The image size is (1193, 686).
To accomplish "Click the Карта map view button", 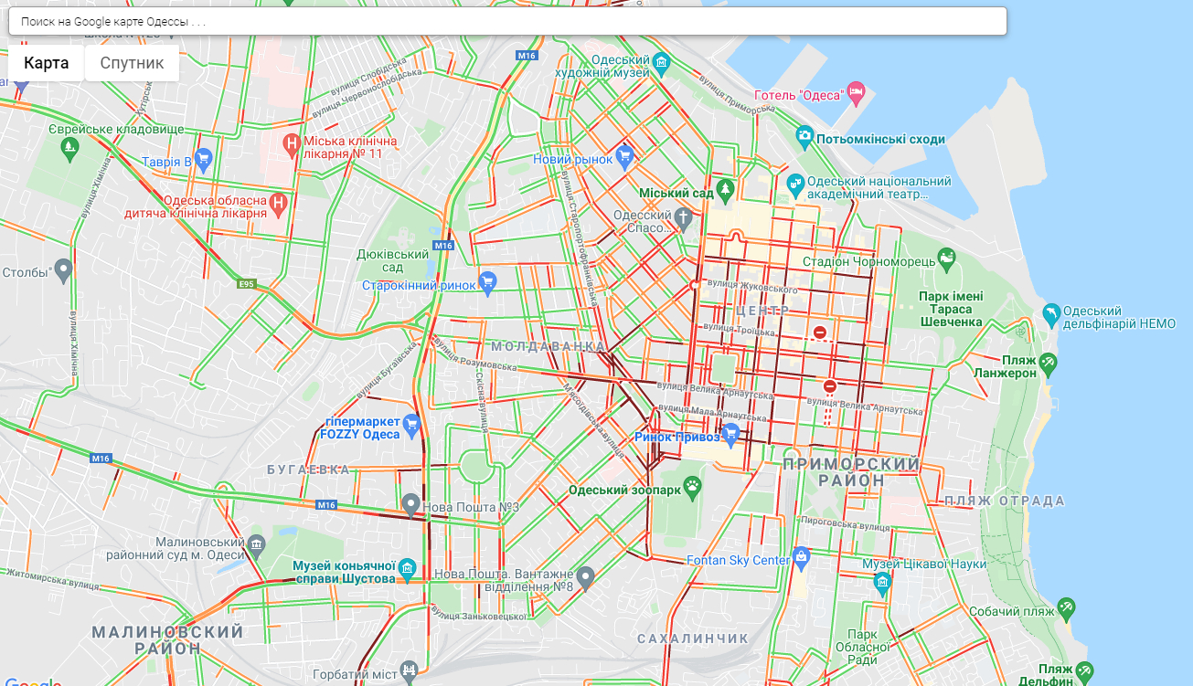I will click(x=46, y=63).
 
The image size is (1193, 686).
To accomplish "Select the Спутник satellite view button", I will click(x=132, y=63).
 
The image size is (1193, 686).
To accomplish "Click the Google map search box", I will click(x=507, y=21).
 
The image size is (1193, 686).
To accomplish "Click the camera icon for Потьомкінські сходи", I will click(x=804, y=136).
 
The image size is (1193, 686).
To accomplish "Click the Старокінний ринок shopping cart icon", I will click(x=487, y=282).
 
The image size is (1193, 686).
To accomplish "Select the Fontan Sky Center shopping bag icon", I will click(x=802, y=556).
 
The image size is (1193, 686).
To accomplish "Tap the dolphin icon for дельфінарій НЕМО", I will click(x=1051, y=315).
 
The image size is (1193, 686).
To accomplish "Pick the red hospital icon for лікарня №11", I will click(x=292, y=143).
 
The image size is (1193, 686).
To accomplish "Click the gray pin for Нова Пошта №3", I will click(x=411, y=503).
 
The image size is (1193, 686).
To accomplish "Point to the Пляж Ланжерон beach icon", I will click(x=1048, y=363).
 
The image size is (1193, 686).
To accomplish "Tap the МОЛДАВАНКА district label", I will click(x=548, y=347).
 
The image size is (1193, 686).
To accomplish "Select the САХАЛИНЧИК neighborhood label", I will click(x=692, y=638).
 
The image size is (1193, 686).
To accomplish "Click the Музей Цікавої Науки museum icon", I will click(x=881, y=581).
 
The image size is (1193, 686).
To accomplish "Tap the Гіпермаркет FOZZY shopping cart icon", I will click(x=411, y=424).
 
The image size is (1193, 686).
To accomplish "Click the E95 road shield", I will click(x=245, y=283).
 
